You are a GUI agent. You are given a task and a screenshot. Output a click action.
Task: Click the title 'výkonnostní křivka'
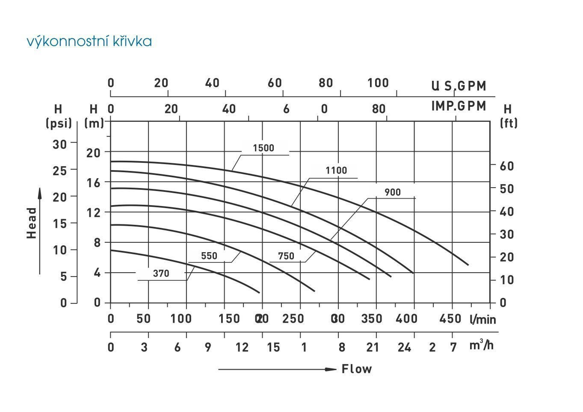[89, 41]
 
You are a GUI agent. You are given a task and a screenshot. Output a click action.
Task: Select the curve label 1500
[263, 148]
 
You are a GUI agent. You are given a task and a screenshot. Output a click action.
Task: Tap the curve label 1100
[336, 171]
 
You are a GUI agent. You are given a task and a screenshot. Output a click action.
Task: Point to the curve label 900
[392, 192]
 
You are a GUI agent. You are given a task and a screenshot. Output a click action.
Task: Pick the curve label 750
[286, 256]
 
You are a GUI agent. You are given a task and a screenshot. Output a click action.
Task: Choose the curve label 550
[209, 256]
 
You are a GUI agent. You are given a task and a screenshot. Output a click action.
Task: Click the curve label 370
[161, 274]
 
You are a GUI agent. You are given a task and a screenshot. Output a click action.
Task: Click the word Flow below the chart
[357, 369]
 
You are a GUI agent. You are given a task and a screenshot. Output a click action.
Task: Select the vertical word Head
[32, 223]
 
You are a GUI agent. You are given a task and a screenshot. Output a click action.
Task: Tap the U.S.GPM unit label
[459, 86]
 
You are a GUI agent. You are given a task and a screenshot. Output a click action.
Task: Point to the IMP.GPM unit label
[459, 106]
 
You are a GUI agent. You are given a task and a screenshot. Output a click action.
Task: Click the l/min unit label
[482, 319]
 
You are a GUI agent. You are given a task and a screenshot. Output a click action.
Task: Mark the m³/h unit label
[482, 345]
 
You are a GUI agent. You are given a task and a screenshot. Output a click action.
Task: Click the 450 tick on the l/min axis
[450, 319]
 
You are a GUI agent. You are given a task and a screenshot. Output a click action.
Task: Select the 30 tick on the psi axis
[60, 144]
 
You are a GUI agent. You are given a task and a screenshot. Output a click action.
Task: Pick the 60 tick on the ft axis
[507, 166]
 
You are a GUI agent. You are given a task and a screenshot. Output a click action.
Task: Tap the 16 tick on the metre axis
[93, 182]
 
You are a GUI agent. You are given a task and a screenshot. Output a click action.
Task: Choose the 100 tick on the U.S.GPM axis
[378, 83]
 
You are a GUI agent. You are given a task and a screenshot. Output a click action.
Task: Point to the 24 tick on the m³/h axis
[404, 347]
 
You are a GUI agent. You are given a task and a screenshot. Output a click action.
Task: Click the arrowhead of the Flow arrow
[331, 369]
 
